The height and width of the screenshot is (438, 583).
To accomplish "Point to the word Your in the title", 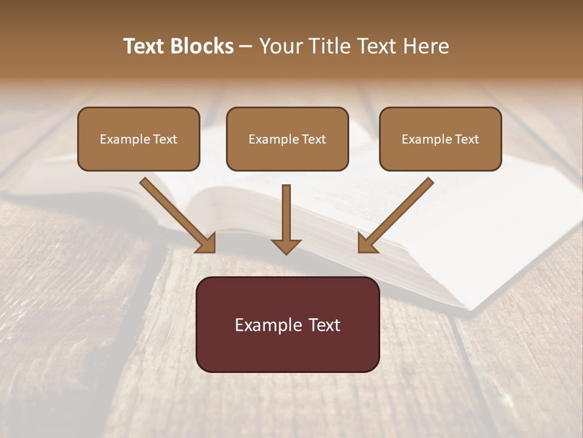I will pos(279,46).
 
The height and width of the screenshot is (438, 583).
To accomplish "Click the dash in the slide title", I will pos(246,47).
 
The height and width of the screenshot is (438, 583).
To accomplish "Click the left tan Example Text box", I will pos(138,139).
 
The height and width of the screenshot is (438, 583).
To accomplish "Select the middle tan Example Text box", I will pos(287,139).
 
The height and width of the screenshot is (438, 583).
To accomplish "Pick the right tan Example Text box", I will pos(440,139).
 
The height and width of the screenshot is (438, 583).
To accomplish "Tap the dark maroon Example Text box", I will pos(287,324).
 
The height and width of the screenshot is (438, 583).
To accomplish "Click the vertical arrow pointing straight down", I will pos(286,216).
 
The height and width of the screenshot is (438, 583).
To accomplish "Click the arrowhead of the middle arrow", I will pos(286,246).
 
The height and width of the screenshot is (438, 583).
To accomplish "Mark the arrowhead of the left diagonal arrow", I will pos(208,243).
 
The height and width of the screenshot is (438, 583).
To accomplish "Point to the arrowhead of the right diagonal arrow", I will pos(366,243).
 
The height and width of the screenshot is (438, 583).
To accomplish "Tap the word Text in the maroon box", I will pos(325,325).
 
